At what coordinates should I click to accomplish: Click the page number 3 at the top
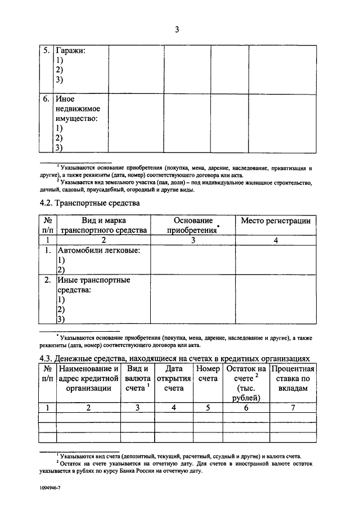[x=177, y=30]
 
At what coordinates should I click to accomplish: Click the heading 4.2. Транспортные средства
[x=89, y=202]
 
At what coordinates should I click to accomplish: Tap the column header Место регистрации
[x=276, y=221]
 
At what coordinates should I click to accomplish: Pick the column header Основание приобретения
[x=193, y=225]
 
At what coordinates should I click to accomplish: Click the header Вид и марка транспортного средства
[x=103, y=225]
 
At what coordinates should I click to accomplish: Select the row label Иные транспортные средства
[x=93, y=285]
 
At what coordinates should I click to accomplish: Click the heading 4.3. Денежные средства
[x=174, y=358]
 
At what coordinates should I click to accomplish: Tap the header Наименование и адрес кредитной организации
[x=88, y=378]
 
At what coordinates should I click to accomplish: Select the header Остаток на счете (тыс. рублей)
[x=246, y=383]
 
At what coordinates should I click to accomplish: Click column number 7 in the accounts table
[x=292, y=408]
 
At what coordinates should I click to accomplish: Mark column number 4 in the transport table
[x=276, y=240]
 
